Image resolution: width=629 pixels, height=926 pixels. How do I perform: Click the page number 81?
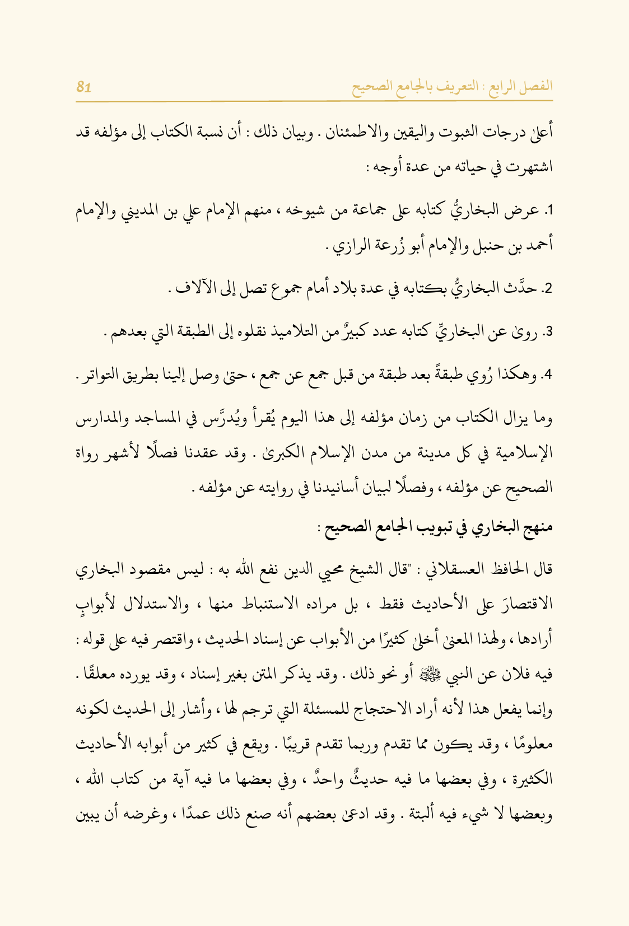(84, 87)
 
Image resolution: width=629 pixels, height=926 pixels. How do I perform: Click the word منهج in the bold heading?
(537, 527)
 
